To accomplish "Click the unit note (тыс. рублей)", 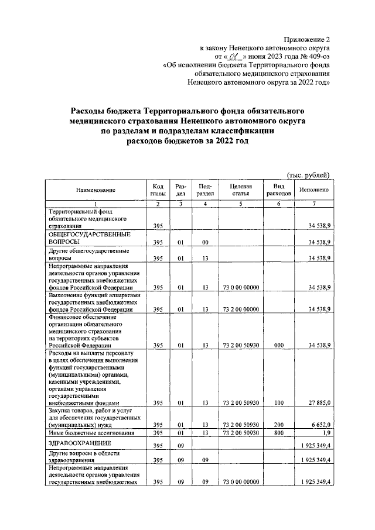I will click(308, 174).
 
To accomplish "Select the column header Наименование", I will click(95, 190).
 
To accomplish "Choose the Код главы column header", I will click(157, 190).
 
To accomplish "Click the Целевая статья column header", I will click(240, 190).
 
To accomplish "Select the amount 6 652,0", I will click(319, 425).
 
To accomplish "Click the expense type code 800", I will click(278, 433).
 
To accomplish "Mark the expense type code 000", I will click(278, 346).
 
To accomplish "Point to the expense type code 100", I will click(278, 402).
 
